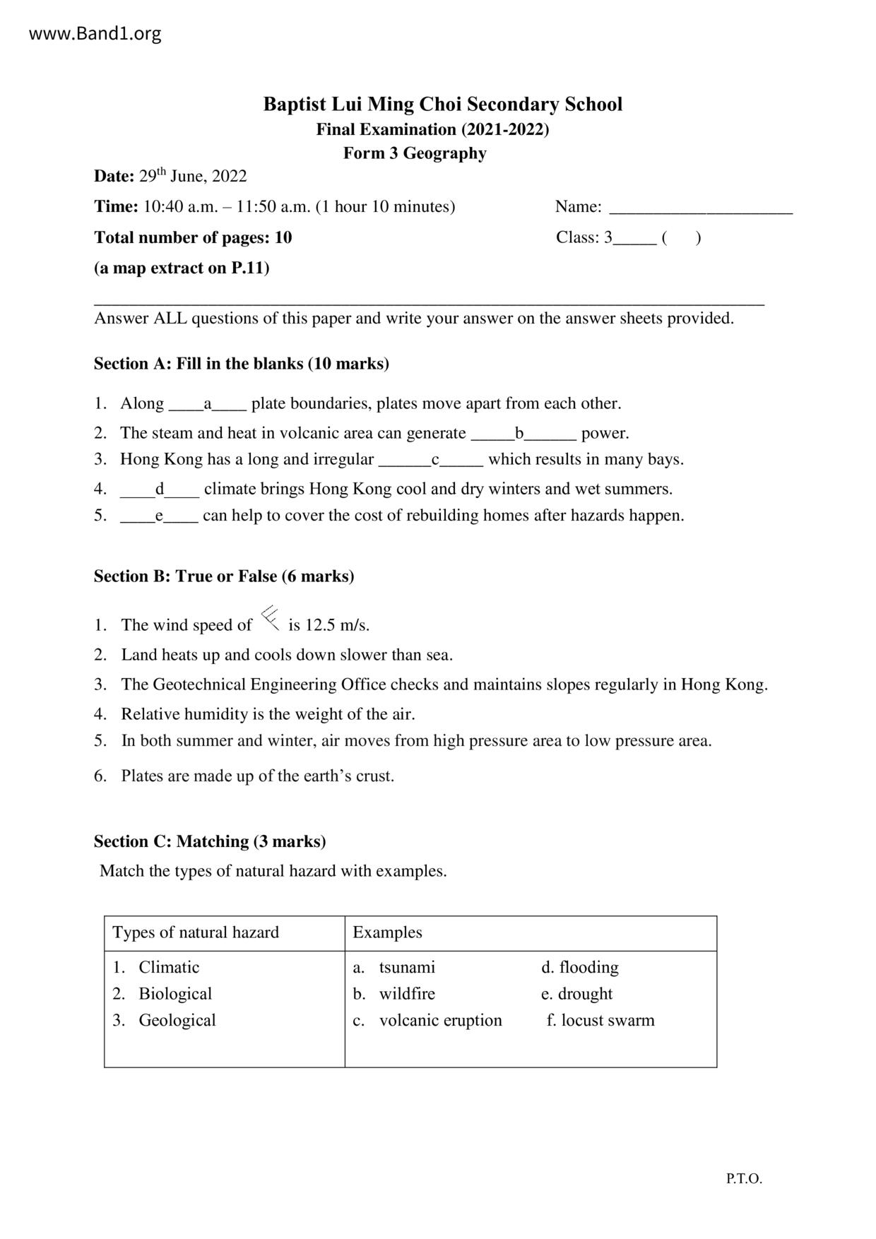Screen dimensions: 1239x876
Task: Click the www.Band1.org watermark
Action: [95, 33]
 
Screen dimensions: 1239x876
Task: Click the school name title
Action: [442, 105]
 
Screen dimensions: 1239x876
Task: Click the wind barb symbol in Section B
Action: [270, 618]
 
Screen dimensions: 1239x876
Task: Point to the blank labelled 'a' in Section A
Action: [207, 405]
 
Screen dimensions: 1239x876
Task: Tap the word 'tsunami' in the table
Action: [407, 967]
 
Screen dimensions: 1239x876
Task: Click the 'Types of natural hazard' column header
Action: [196, 932]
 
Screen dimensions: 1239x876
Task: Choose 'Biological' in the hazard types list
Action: [175, 994]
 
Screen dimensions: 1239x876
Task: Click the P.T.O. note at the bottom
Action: [744, 1178]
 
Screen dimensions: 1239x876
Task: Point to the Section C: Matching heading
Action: [210, 841]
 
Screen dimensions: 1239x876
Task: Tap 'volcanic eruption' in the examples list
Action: [440, 1020]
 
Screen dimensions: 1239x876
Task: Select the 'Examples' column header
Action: [387, 932]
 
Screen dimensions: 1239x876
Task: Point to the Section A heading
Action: [242, 364]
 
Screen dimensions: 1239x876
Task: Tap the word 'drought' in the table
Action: [585, 994]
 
